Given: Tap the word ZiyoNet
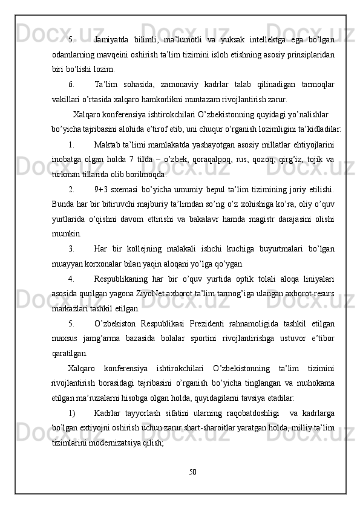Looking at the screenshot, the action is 170,291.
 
